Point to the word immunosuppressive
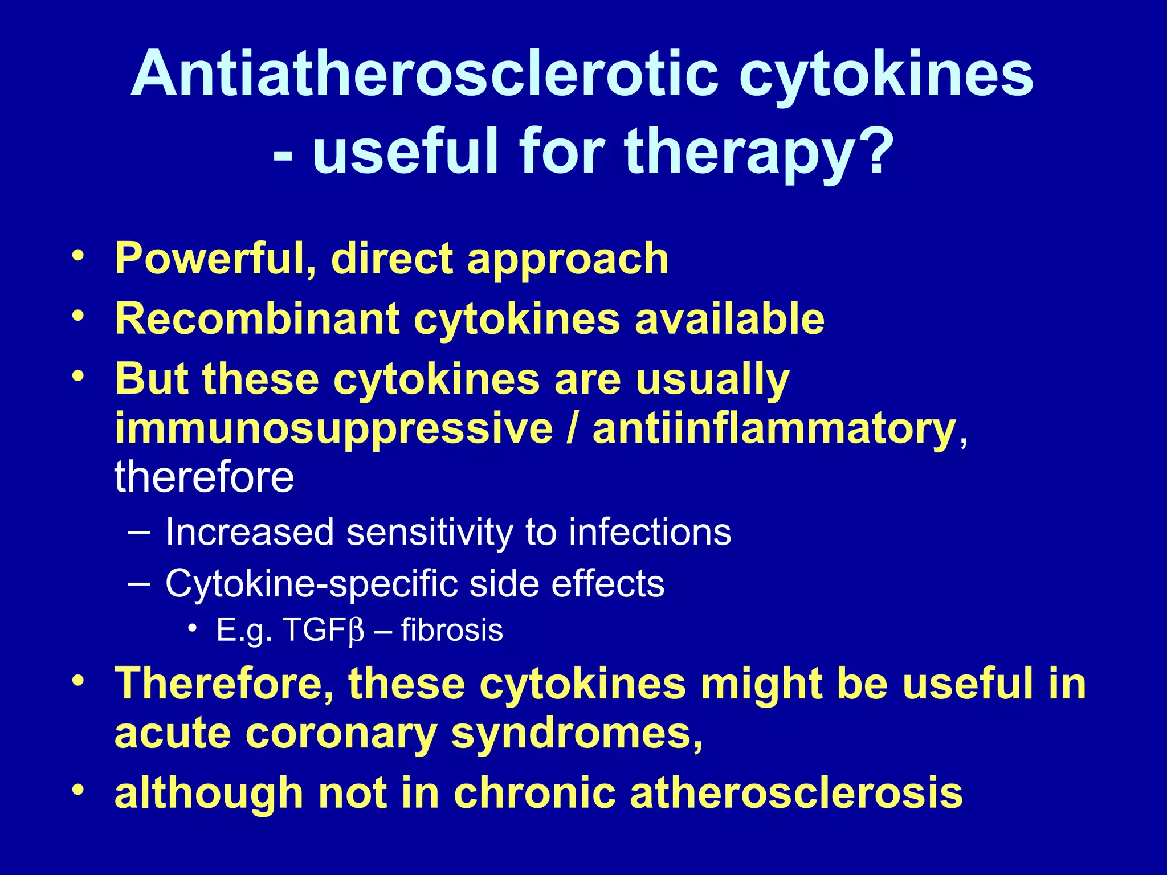(x=334, y=428)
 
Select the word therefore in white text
(x=204, y=477)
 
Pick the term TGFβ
(x=323, y=631)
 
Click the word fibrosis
(x=452, y=631)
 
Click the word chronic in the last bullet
(x=534, y=793)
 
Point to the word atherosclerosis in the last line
(x=796, y=793)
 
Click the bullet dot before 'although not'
(x=79, y=790)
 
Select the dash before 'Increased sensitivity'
(x=140, y=532)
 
